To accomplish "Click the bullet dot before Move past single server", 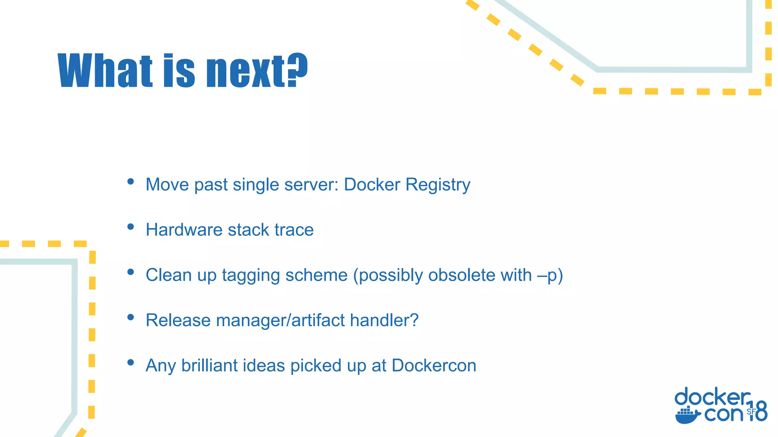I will click(x=131, y=182).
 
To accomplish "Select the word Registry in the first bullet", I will click(x=438, y=185).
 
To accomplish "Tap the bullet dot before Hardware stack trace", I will click(x=131, y=227).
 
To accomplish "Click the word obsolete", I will click(x=462, y=275).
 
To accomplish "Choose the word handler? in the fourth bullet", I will click(x=384, y=320).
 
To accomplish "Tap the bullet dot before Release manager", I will click(x=131, y=317).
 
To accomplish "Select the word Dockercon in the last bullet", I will click(x=434, y=365).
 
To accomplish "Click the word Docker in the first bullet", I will click(x=372, y=185).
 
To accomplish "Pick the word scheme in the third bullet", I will click(x=316, y=275).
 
